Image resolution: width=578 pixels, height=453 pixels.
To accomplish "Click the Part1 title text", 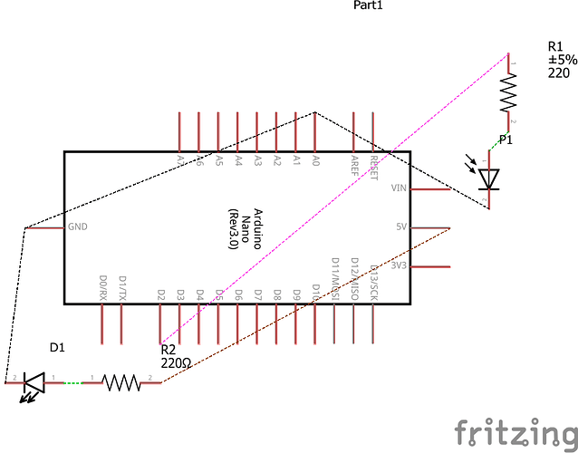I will coord(368,5).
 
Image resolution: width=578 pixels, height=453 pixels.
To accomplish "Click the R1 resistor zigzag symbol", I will coord(508,91).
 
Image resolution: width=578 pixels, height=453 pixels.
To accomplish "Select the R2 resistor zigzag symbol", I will coord(121,383).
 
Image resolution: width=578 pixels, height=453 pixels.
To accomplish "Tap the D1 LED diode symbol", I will coord(34,384).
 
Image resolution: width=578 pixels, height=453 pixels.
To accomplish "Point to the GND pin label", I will coord(77,227).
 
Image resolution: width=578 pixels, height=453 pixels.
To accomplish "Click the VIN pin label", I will coord(399,188).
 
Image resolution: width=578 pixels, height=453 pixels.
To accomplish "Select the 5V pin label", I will coord(401,227).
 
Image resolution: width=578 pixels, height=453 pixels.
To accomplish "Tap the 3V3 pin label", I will coord(400,266).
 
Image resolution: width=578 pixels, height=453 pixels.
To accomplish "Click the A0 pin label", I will coord(314,160).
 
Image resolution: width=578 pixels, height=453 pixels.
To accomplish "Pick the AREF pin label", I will coord(354,164).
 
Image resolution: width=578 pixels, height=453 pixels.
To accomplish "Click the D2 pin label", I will coord(160,294).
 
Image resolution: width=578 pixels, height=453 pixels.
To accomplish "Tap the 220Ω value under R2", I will coord(177,362).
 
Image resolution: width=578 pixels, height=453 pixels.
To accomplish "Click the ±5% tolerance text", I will coord(561,60).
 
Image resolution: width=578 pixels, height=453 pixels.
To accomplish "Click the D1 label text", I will coord(57,347).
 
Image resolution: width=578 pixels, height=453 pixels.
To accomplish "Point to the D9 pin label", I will coord(296,294).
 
